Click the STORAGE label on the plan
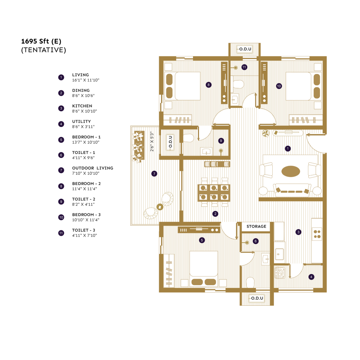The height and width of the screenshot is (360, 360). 256,226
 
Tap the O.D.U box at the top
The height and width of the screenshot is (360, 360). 244,49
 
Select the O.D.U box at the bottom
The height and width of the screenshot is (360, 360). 257,298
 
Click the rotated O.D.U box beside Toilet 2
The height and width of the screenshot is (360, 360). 170,141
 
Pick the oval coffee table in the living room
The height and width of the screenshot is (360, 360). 291,171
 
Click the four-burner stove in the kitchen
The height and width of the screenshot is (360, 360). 317,233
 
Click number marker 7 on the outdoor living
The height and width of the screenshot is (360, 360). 154,173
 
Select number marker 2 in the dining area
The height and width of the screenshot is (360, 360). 215,213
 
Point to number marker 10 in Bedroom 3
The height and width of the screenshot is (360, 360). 279,86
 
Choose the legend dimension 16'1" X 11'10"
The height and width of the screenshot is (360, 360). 86,80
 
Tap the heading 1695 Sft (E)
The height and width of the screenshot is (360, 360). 41,41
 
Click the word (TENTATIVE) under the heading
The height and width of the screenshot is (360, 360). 43,50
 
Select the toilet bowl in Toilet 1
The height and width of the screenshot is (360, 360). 250,283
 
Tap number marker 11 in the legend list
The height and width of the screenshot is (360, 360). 61,233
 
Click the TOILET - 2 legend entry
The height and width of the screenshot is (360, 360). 83,199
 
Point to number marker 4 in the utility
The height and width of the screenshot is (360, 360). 311,277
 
